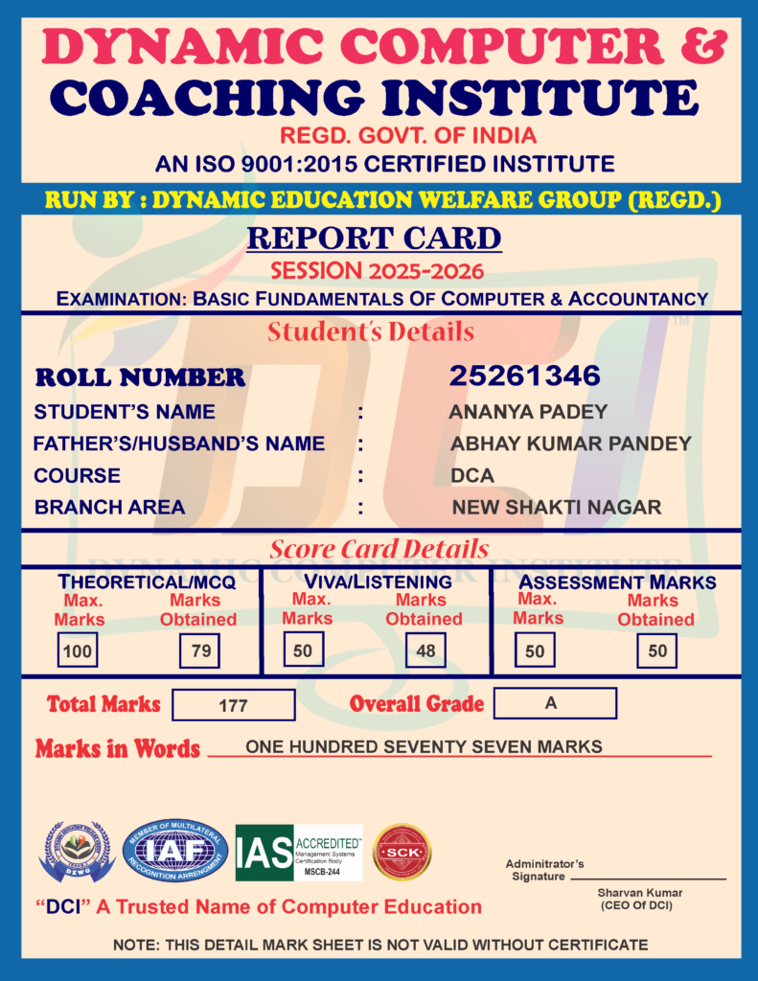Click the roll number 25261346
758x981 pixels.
pyautogui.click(x=524, y=376)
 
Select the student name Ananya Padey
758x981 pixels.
pyautogui.click(x=528, y=412)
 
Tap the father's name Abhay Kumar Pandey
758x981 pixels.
pyautogui.click(x=571, y=444)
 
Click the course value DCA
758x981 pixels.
pyautogui.click(x=472, y=475)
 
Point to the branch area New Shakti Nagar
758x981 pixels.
pyautogui.click(x=557, y=507)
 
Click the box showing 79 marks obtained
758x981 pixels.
pyautogui.click(x=200, y=651)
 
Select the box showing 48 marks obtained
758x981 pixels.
pyautogui.click(x=425, y=651)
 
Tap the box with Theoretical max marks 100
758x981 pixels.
pyautogui.click(x=76, y=651)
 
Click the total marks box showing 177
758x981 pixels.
pyautogui.click(x=233, y=705)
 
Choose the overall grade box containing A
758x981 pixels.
pyautogui.click(x=554, y=702)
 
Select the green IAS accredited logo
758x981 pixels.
pyautogui.click(x=299, y=853)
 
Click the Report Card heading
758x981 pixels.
pyautogui.click(x=374, y=238)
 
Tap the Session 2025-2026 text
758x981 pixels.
pyautogui.click(x=377, y=271)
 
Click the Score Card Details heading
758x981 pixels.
pyautogui.click(x=379, y=549)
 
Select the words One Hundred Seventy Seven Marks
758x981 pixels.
pyautogui.click(x=424, y=746)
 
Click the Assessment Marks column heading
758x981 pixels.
pyautogui.click(x=617, y=582)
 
